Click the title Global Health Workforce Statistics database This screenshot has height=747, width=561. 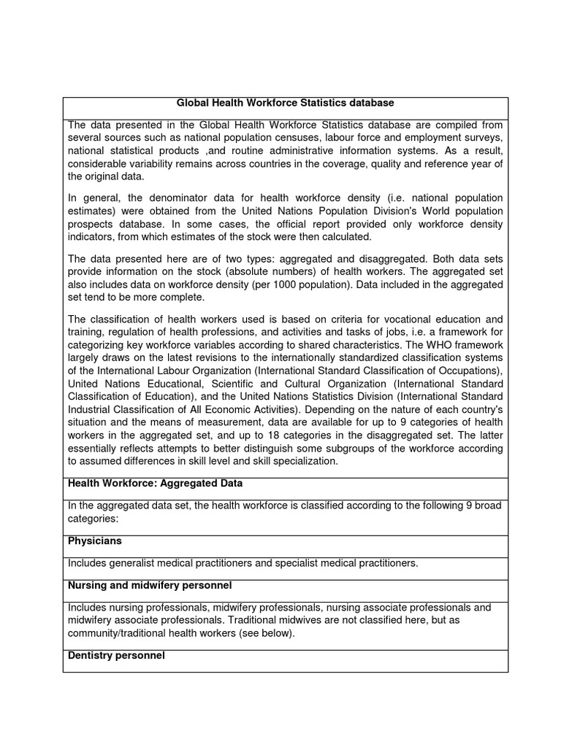point(286,104)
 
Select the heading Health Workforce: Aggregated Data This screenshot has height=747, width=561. point(155,484)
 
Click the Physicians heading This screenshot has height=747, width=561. point(95,542)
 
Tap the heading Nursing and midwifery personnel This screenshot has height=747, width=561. point(150,586)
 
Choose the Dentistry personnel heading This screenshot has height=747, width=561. point(116,656)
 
